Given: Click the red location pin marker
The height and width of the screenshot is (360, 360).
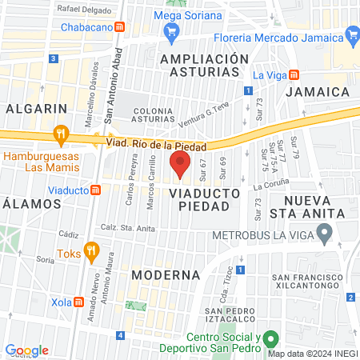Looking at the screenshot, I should point(180,166).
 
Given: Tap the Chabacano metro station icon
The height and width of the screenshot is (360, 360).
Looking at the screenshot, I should point(119,27).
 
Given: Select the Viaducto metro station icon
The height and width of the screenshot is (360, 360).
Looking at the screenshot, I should point(95,190).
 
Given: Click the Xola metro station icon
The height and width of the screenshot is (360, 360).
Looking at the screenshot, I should point(79,302).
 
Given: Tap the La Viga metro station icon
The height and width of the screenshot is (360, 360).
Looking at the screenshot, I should point(294,74).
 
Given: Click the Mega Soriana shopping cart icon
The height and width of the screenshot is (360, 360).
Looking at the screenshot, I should point(170,32).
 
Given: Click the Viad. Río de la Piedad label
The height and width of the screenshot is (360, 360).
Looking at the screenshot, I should point(156,144).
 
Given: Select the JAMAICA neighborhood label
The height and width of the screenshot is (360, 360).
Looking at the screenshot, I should point(317,92).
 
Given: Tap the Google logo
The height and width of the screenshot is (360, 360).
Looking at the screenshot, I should point(26,350).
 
